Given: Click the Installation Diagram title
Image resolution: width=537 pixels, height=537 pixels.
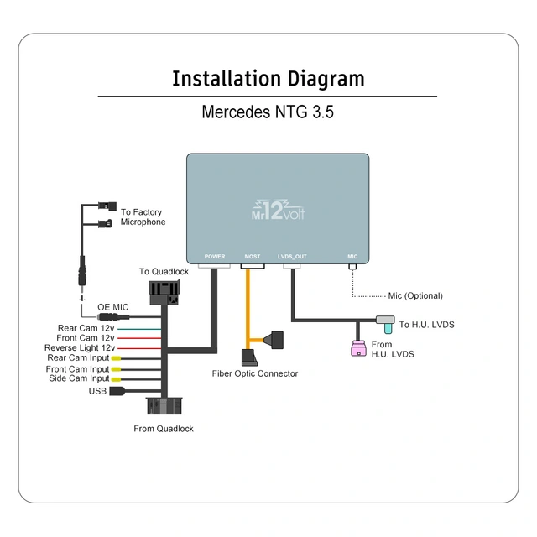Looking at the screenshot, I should tap(268, 79).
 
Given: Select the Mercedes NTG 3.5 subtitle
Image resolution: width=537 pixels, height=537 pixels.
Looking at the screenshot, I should tap(268, 112).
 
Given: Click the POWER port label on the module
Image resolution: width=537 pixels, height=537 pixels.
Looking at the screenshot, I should tap(215, 256).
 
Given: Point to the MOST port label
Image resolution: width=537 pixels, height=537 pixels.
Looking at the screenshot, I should tap(253, 256).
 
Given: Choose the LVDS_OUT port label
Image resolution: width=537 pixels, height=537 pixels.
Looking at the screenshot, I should tap(292, 256).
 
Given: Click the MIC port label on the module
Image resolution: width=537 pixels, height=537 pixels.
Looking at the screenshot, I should tap(352, 256).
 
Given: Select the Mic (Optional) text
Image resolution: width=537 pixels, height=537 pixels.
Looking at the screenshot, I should tap(414, 295).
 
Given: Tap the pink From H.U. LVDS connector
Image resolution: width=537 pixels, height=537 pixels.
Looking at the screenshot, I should tap(358, 348).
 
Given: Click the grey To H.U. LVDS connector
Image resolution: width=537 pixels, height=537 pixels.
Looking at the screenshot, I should tap(385, 321).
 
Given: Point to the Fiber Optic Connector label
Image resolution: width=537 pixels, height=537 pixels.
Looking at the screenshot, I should tap(254, 373).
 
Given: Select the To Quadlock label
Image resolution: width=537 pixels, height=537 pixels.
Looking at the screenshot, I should tap(164, 271).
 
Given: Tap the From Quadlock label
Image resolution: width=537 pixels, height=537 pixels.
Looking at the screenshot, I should tap(164, 429).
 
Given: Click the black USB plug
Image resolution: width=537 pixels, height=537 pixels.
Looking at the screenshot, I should tap(117, 390).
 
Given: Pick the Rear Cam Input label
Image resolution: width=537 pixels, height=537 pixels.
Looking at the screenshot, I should tap(78, 358).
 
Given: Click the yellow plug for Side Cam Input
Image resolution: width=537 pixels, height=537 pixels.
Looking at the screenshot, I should tap(116, 379).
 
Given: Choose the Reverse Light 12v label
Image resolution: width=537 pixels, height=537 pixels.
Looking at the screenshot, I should tap(80, 347).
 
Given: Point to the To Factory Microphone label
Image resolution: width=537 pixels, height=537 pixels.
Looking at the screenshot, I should tap(143, 217).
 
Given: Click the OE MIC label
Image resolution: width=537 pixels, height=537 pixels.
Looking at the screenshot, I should tap(112, 307).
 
